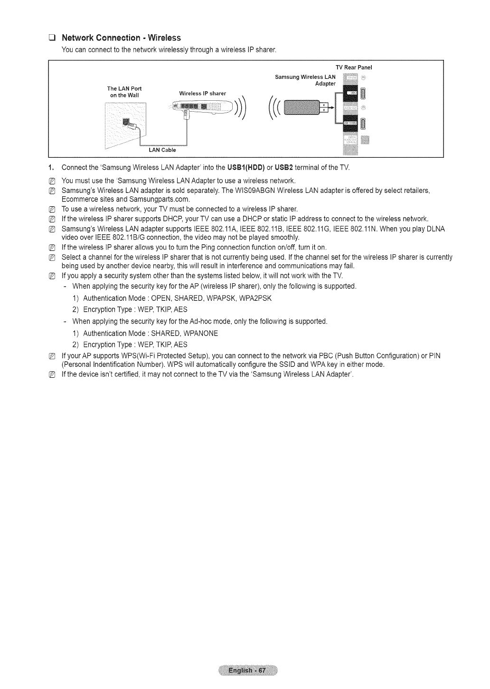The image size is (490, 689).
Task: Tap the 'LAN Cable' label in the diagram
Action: tap(162, 150)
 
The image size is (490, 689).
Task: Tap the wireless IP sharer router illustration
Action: tap(203, 108)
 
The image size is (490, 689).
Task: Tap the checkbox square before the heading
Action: tap(53, 38)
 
